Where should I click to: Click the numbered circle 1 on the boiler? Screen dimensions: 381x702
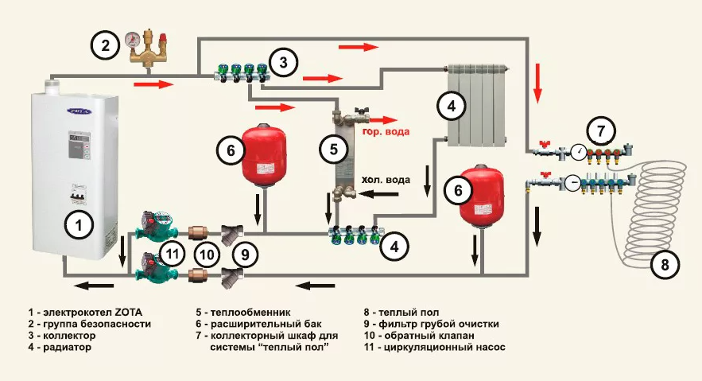pyautogui.click(x=78, y=227)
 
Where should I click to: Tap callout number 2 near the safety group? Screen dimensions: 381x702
pyautogui.click(x=103, y=45)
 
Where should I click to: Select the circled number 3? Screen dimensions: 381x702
pyautogui.click(x=284, y=60)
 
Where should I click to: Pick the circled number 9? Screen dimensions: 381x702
pyautogui.click(x=246, y=255)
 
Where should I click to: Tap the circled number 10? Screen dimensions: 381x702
pyautogui.click(x=207, y=255)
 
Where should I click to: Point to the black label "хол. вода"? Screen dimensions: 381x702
pyautogui.click(x=386, y=180)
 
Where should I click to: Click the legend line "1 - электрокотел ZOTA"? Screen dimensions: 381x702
pyautogui.click(x=89, y=312)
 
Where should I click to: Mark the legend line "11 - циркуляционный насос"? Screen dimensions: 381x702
pyautogui.click(x=434, y=348)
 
